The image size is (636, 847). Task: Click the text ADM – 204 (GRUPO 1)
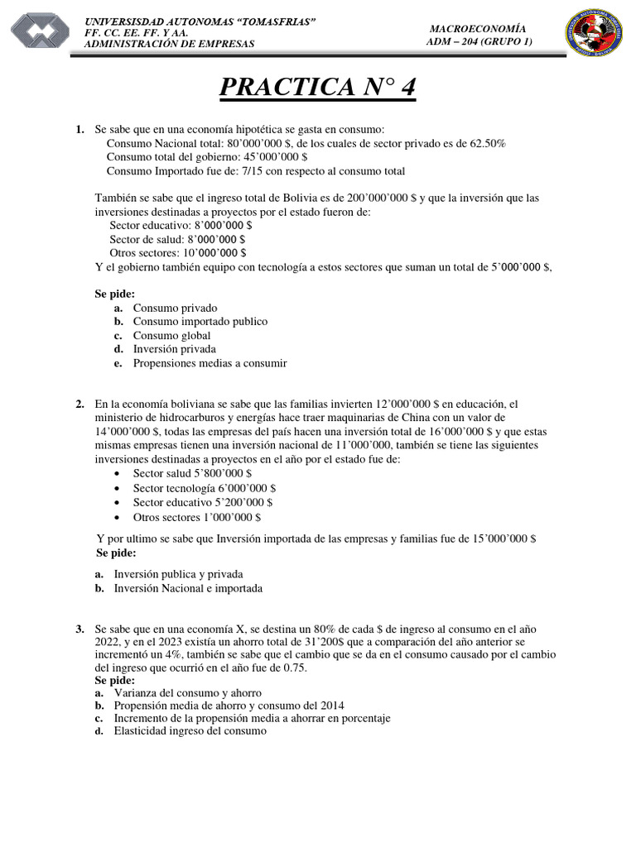pyautogui.click(x=479, y=41)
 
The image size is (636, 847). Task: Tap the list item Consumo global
pyautogui.click(x=171, y=335)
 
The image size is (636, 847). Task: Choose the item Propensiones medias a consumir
pyautogui.click(x=210, y=363)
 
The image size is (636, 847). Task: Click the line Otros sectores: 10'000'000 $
pyautogui.click(x=177, y=252)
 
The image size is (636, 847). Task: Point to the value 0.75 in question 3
pyautogui.click(x=294, y=668)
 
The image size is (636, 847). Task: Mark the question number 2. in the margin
pyautogui.click(x=79, y=404)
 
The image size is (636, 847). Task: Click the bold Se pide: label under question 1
pyautogui.click(x=114, y=294)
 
